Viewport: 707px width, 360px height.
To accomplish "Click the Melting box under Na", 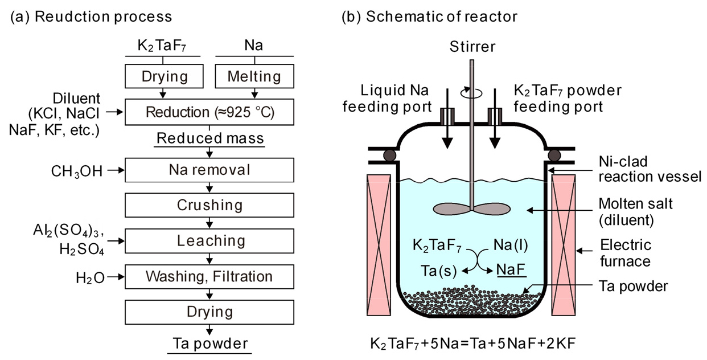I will tap(254, 76).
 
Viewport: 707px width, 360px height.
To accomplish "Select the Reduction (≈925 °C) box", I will tap(210, 112).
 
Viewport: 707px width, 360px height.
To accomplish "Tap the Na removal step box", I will tap(210, 170).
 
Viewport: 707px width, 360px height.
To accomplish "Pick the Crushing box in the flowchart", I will tap(210, 204).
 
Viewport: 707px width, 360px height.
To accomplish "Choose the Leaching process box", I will tap(210, 240).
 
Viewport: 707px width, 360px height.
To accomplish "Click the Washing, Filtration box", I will tap(210, 276).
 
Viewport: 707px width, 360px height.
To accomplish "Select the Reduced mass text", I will tap(209, 138).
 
